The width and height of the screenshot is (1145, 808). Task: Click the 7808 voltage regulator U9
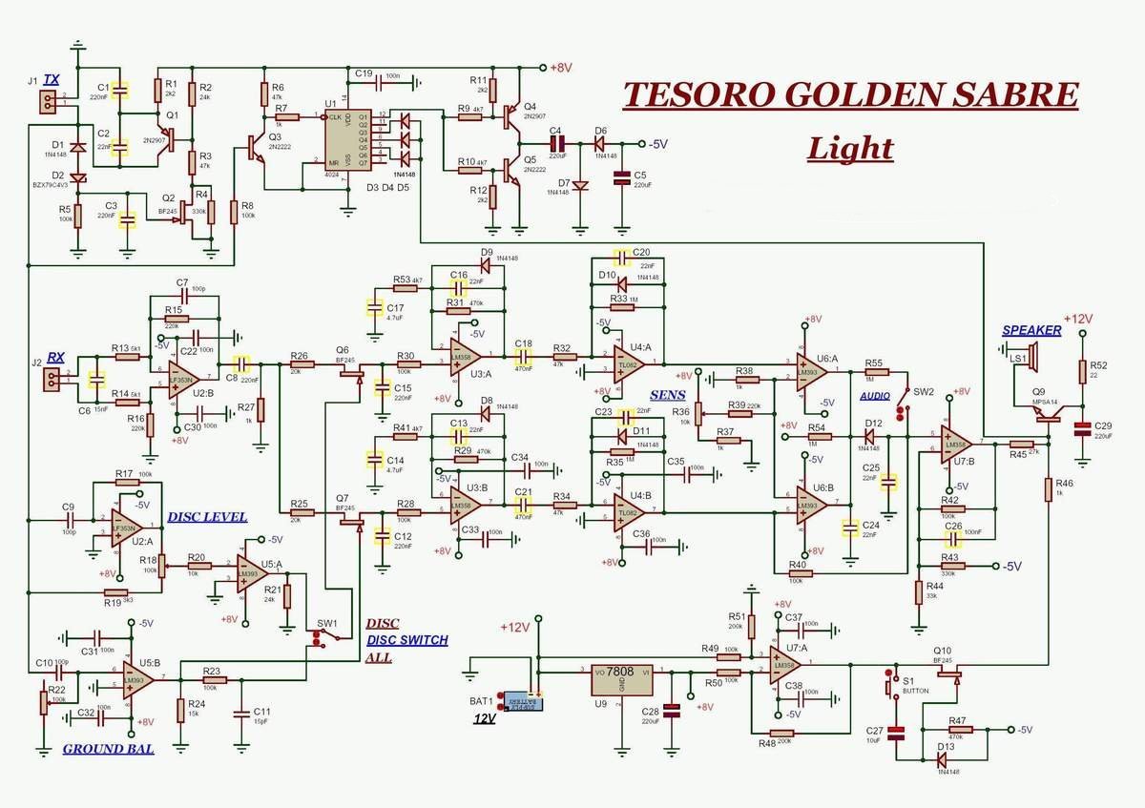click(621, 679)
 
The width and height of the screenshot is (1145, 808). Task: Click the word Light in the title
click(850, 148)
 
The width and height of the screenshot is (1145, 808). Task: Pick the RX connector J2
click(51, 381)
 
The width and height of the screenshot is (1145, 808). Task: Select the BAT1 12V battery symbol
click(521, 702)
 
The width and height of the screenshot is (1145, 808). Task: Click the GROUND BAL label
click(108, 749)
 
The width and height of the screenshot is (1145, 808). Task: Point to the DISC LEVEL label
click(207, 517)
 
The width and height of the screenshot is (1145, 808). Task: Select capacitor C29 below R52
click(1081, 430)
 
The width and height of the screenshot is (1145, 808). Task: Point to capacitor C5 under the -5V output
click(622, 177)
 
